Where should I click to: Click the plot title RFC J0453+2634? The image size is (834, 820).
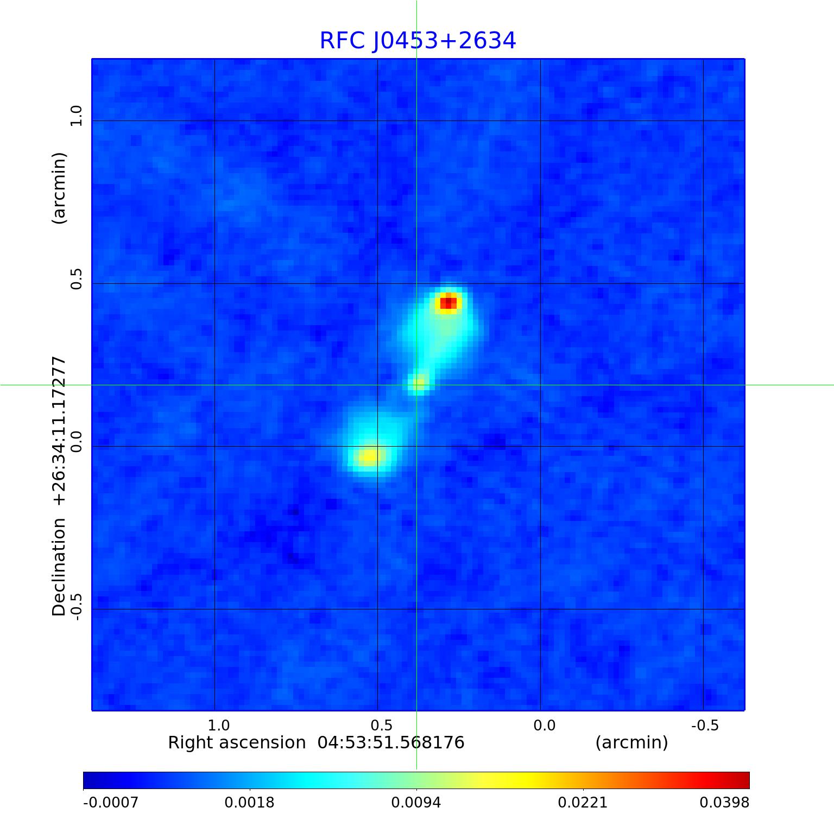[x=418, y=41]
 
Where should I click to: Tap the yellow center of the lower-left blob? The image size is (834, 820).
[x=369, y=456]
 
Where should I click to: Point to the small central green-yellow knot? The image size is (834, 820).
[x=419, y=383]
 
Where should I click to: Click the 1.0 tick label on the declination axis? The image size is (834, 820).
[x=75, y=116]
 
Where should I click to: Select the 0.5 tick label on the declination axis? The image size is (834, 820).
[x=75, y=278]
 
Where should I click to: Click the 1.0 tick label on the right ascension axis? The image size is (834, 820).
[x=219, y=725]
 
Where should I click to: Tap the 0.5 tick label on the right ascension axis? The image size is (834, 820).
[x=381, y=725]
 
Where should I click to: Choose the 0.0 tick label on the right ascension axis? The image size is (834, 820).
[x=544, y=725]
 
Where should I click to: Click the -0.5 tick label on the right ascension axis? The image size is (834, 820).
[x=704, y=725]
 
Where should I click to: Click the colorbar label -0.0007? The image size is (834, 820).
[x=111, y=802]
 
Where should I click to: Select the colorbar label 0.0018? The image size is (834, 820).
[x=250, y=802]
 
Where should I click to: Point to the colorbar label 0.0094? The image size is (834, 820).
[x=416, y=802]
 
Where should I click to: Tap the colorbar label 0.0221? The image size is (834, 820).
[x=583, y=802]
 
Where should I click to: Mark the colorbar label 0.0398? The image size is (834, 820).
[x=724, y=802]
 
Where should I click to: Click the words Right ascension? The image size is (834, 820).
[x=237, y=742]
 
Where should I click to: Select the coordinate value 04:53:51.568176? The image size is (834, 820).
[x=391, y=742]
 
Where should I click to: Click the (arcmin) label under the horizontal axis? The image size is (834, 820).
[x=631, y=742]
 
